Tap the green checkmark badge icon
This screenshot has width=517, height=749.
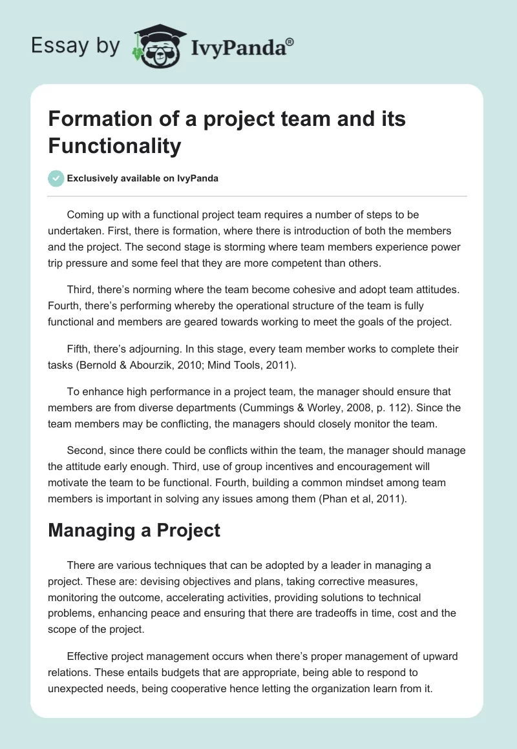[x=56, y=178]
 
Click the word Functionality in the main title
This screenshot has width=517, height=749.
[x=114, y=146]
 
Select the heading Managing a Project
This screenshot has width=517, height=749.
[x=134, y=531]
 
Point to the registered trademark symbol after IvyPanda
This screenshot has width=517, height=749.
[x=290, y=42]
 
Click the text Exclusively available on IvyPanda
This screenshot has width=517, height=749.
[x=143, y=178]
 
